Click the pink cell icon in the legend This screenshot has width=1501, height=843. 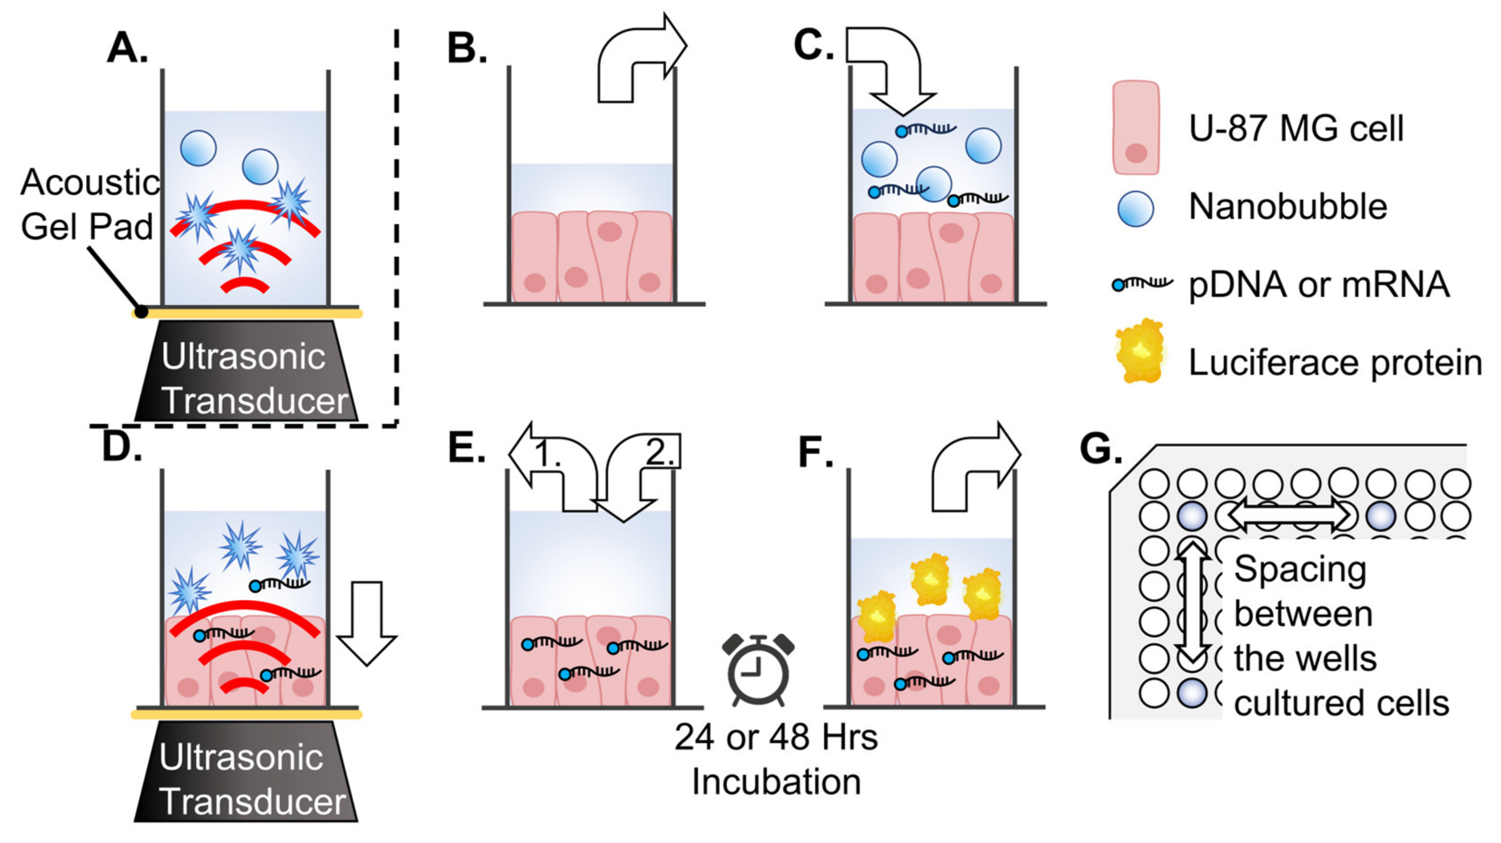pos(1136,128)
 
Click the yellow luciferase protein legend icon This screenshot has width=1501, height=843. pos(1140,351)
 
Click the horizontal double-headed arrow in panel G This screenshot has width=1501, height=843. pos(1289,515)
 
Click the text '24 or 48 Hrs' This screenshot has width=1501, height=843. pos(775,737)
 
